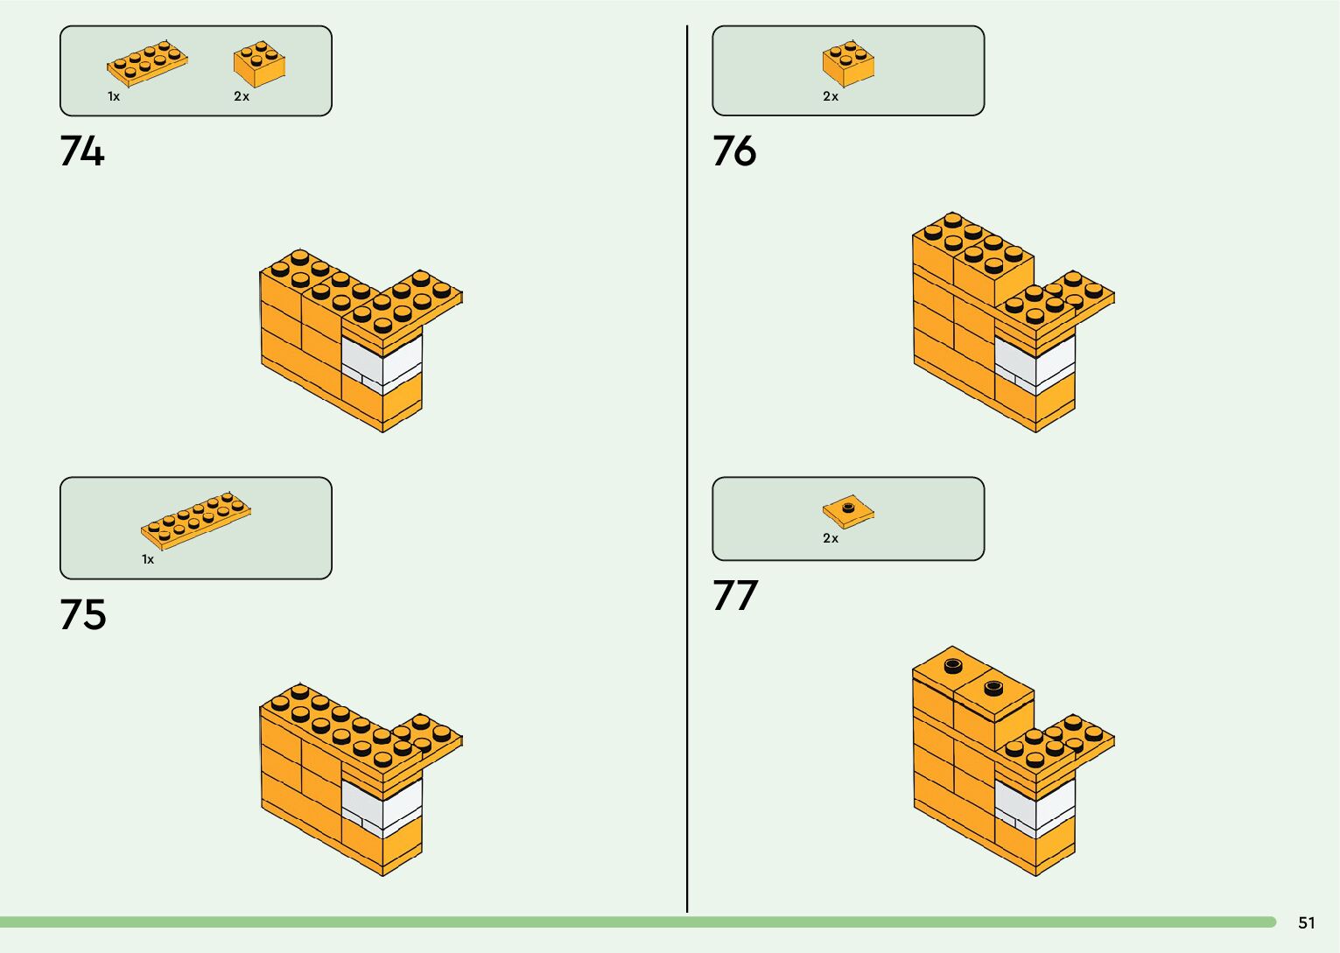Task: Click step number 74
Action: (82, 151)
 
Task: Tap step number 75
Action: (83, 614)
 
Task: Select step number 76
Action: (734, 151)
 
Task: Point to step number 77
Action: (734, 595)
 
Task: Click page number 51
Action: (1307, 922)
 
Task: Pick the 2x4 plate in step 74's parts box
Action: (147, 63)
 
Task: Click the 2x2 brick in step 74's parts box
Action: (259, 64)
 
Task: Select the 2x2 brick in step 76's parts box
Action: (848, 63)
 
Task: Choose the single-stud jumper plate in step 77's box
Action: (848, 511)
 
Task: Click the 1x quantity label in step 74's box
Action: (114, 96)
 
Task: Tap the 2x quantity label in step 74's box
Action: (242, 96)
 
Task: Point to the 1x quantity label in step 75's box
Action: (148, 559)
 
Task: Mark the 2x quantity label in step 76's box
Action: (831, 96)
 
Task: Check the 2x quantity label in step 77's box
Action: (831, 538)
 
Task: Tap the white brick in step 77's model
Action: (1035, 805)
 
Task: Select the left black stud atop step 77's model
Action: (953, 666)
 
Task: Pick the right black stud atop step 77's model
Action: (993, 687)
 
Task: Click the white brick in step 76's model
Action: (1035, 361)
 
